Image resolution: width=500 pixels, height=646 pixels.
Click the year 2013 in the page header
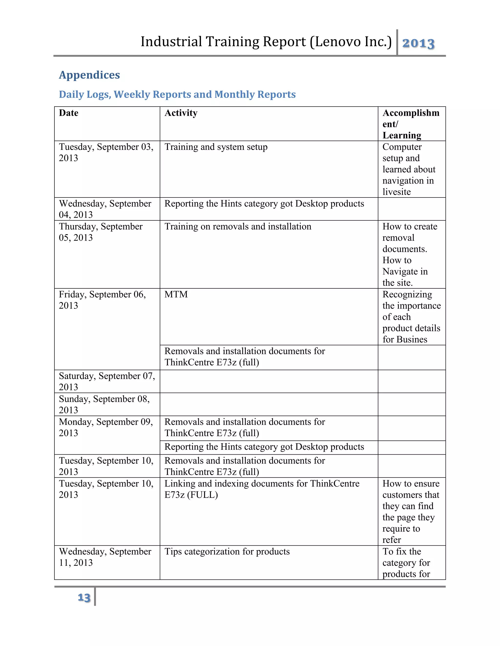[x=418, y=43]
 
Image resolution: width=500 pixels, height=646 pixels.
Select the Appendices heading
[x=89, y=75]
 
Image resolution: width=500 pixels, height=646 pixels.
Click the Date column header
[x=68, y=113]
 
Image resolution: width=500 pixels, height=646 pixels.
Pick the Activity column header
[x=181, y=113]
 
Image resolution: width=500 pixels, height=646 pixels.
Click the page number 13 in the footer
[x=84, y=597]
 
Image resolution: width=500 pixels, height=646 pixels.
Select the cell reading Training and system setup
[x=216, y=147]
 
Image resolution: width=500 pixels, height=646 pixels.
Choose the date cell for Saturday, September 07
[x=107, y=381]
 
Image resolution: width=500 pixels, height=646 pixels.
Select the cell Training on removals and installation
[x=238, y=226]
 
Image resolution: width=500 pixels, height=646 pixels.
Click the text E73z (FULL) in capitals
[x=191, y=495]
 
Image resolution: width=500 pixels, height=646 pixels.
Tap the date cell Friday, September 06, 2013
[x=102, y=300]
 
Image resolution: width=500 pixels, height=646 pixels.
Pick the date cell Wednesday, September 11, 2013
[x=105, y=557]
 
